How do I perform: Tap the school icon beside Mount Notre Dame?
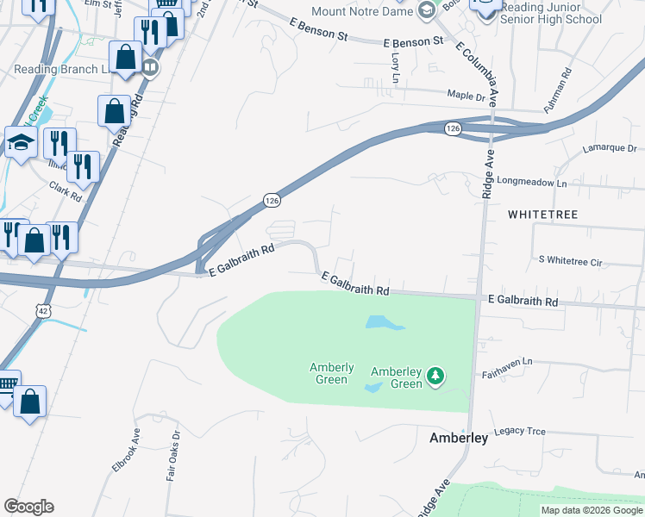tap(426, 10)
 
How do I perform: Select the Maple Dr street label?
tap(466, 95)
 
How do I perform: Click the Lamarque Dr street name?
tap(609, 148)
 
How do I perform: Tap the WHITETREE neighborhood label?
tap(542, 213)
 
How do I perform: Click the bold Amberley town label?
tap(459, 439)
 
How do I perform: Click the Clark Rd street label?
tap(66, 190)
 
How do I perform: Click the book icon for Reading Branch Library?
tap(150, 67)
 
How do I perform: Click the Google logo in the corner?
tap(28, 507)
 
